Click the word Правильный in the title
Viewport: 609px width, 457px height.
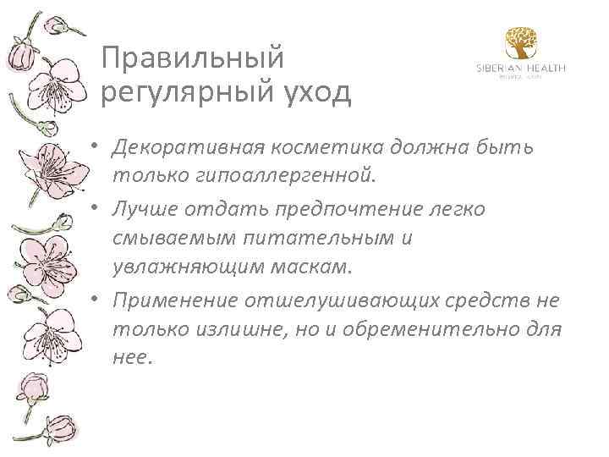(191, 58)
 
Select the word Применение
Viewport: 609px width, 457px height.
(174, 299)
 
